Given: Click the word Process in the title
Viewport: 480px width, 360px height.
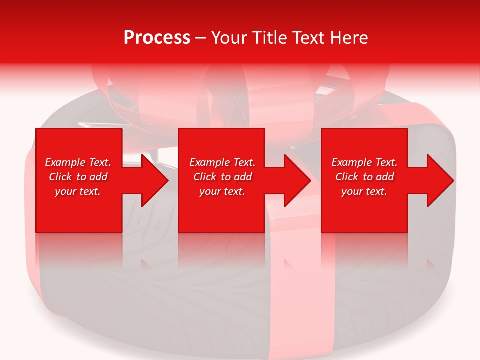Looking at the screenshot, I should point(157,38).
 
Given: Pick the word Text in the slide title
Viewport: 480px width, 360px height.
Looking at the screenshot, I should point(308,38).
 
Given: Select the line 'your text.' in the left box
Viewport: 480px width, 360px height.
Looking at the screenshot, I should point(78,191).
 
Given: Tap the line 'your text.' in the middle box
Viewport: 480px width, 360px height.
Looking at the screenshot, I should point(222,191).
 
